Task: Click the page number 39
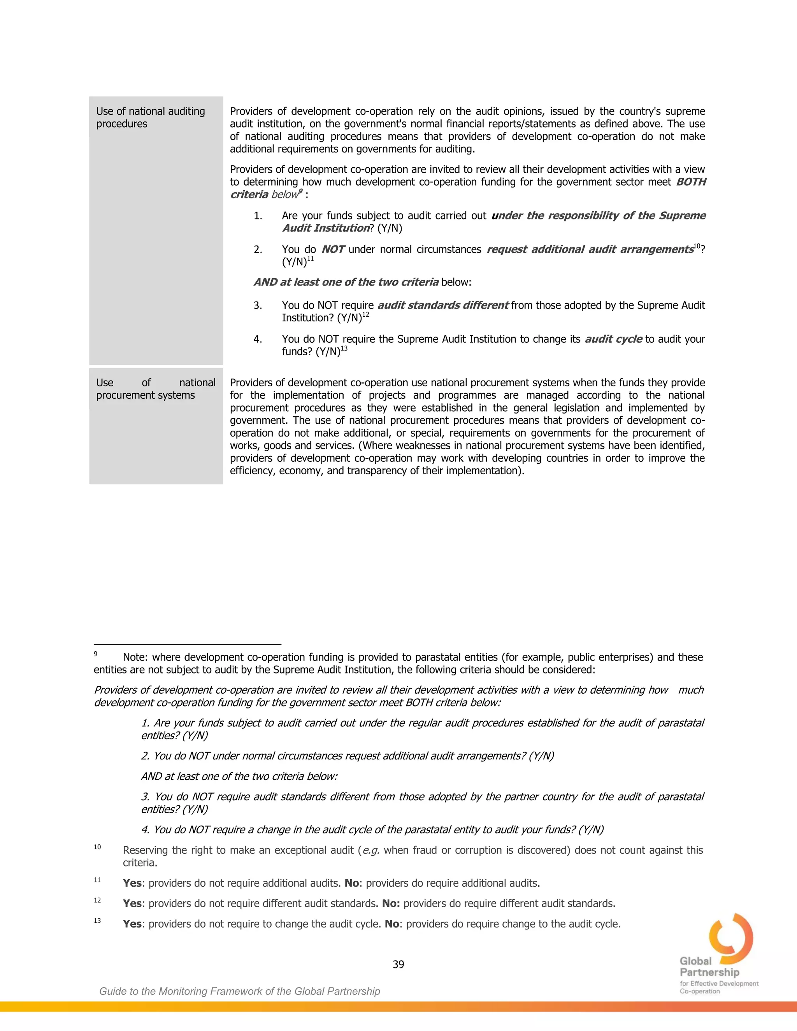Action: tap(398, 964)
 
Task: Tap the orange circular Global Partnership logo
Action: tap(731, 939)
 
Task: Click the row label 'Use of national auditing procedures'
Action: tap(150, 117)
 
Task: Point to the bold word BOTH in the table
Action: tap(691, 182)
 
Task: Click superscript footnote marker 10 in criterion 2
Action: tap(697, 246)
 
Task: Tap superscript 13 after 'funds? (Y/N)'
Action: tap(344, 348)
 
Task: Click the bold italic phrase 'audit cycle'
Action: tap(613, 339)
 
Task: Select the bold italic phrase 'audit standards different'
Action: tap(443, 305)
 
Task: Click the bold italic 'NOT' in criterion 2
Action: tap(333, 249)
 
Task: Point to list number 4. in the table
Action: tap(258, 339)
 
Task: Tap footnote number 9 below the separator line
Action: tap(95, 654)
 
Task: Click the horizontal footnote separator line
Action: tap(188, 644)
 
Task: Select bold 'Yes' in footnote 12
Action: tap(132, 903)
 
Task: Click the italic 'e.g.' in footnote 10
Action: tap(370, 850)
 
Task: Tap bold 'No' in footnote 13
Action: tap(392, 924)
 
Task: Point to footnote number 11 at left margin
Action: tap(97, 880)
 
